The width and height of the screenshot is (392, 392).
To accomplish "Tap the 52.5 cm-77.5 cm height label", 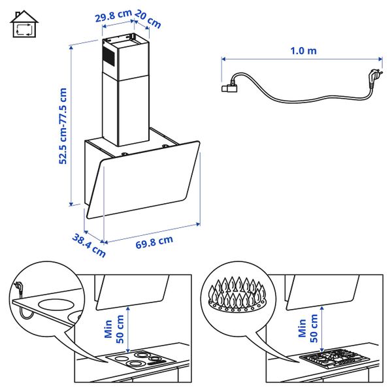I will point(63,126).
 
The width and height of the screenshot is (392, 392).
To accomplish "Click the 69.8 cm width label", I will point(154,241).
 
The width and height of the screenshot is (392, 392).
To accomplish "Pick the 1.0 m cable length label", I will point(302,50).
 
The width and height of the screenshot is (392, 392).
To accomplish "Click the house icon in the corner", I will point(24,25).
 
